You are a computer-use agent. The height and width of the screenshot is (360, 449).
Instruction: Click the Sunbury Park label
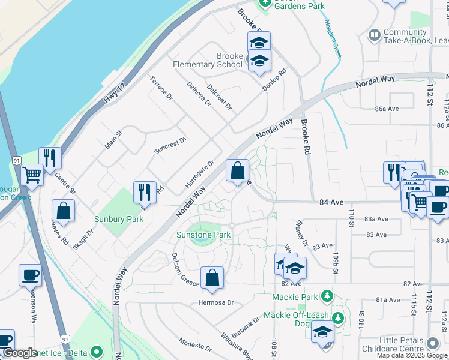click(119, 219)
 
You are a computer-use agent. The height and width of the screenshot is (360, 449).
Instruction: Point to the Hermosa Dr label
click(215, 303)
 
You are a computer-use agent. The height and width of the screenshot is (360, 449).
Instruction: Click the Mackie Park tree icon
click(327, 296)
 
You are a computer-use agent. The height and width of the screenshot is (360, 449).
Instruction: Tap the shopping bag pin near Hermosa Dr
click(212, 278)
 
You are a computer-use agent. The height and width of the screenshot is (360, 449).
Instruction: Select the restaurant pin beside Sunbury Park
click(144, 193)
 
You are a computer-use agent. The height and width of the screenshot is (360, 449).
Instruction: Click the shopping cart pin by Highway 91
click(32, 176)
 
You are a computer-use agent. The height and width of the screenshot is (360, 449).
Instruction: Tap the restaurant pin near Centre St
click(50, 159)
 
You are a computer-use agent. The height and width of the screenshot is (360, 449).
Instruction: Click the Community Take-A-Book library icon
click(375, 35)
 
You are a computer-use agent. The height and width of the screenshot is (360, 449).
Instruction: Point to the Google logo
click(19, 353)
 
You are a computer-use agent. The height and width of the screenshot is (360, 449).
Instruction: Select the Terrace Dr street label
click(161, 88)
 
